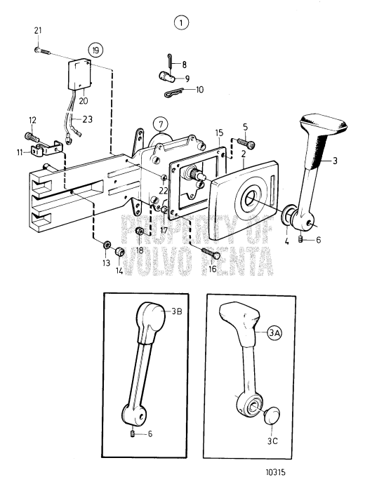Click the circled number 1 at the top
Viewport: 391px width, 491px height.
pos(183,23)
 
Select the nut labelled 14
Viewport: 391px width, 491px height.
pos(120,252)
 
